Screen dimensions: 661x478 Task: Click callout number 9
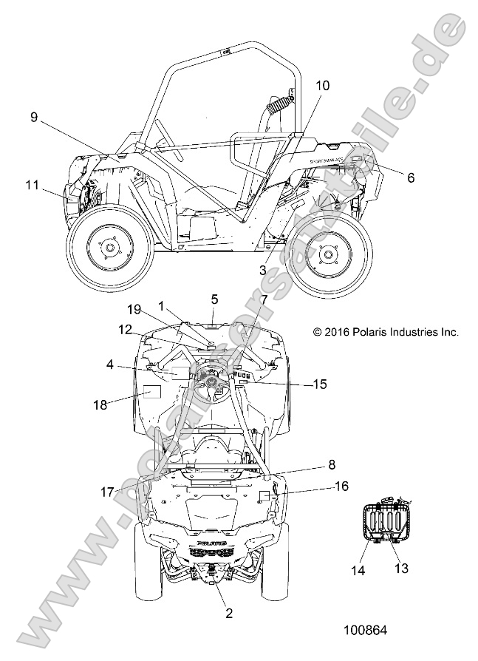click(x=34, y=116)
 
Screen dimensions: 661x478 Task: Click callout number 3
click(x=262, y=271)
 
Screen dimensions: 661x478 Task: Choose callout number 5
click(x=194, y=299)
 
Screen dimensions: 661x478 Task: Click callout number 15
click(x=319, y=384)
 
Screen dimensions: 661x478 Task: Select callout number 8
click(x=331, y=465)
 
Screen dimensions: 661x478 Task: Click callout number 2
click(x=229, y=612)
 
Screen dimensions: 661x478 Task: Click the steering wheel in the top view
click(x=213, y=379)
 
